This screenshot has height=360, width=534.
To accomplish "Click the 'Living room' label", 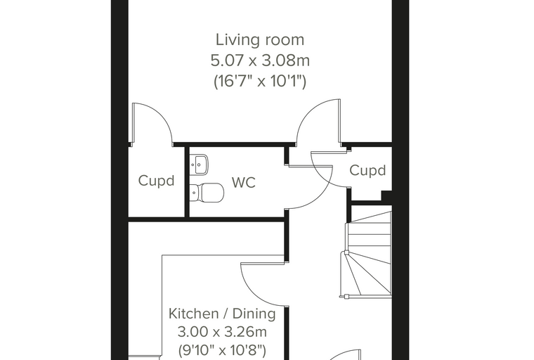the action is (260, 40).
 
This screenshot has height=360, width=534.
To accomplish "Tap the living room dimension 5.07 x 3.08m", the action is (260, 60).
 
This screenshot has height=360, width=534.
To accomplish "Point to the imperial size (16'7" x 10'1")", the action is (260, 82).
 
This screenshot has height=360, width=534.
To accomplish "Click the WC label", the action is (244, 182).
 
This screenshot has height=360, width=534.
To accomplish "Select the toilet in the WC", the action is (206, 192).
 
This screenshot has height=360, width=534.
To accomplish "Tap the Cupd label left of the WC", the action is (156, 181).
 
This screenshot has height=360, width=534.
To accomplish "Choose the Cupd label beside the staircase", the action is (367, 170).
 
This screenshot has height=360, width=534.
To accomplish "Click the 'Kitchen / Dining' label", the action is (222, 314).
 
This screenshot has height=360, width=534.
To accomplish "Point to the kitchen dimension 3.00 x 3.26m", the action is (222, 331).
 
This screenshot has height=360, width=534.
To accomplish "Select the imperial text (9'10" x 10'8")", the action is (222, 349).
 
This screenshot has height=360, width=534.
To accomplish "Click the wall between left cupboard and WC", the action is (187, 182).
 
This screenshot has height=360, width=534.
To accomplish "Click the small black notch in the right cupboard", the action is (386, 195).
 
